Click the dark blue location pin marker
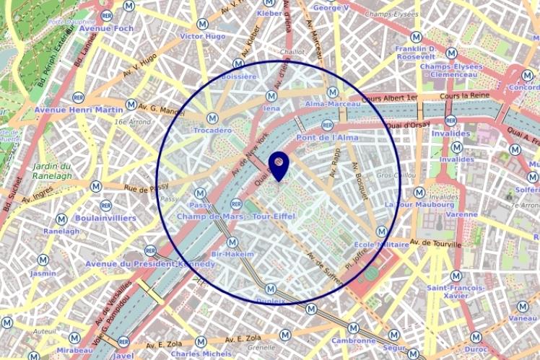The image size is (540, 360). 278,164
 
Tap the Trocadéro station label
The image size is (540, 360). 213,131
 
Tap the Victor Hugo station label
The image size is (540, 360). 203,36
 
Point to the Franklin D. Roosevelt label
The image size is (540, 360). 415,53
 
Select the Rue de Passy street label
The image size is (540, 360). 146,188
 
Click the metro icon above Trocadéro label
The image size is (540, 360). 212,118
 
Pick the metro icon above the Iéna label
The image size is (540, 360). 271,95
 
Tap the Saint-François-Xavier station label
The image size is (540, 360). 456,291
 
